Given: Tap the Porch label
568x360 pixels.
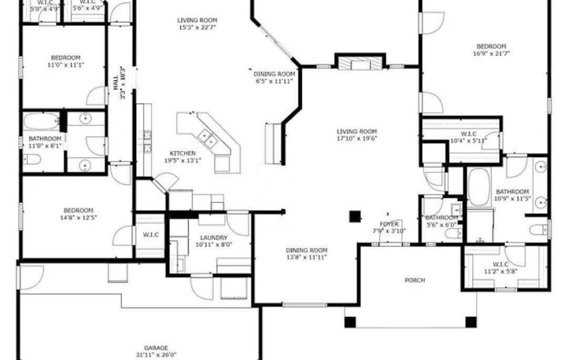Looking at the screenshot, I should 415,280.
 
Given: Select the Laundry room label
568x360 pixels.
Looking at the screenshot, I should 213,237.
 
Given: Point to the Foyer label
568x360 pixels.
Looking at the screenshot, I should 390,224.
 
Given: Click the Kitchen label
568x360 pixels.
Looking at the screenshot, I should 183,153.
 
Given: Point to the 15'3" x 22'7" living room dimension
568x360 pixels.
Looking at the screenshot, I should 198,28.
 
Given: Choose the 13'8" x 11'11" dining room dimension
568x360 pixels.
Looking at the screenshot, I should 306,258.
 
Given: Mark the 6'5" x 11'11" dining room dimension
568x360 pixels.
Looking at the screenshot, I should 274,80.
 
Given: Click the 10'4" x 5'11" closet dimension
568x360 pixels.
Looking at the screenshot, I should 468,140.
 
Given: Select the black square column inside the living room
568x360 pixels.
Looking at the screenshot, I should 355,216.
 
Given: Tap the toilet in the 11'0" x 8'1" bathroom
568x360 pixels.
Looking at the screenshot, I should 34,160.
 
